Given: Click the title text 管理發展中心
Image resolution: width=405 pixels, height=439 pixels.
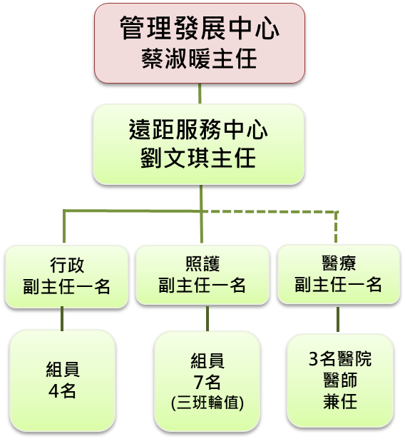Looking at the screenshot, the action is pos(200,28).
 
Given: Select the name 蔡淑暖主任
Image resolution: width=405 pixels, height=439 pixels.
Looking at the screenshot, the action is pos(199,59).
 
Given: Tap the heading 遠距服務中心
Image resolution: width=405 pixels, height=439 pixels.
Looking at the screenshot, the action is pos(198,129).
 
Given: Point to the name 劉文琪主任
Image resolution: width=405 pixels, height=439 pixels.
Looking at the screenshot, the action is pos(198,158).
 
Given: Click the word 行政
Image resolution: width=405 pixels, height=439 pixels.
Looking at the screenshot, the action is pos(67,265).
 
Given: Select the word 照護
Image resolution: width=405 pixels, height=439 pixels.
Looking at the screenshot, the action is pos(202,263).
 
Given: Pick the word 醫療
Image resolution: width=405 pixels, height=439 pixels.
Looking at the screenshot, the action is pos(339,263).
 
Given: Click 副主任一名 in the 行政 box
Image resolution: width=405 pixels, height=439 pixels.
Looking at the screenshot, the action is pos(66,286).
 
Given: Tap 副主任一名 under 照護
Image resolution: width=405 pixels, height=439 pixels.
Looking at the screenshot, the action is pos(202,285).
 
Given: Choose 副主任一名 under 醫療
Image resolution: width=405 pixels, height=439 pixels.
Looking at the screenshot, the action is pos(338,284).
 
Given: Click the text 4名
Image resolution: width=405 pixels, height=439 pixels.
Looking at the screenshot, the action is pos(62,391).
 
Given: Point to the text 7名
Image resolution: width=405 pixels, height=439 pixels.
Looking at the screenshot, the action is pos(207,382).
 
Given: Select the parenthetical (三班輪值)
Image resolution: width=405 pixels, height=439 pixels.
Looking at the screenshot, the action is pos(207,403).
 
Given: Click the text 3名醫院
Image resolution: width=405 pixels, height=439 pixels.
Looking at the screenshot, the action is pos(340,358).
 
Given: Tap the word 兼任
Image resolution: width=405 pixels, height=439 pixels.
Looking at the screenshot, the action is pos(340,401).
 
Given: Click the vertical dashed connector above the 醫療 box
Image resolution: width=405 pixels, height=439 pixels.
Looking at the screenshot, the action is pos(336,227).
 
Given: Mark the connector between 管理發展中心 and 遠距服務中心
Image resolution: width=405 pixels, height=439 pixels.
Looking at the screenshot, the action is pos(200,94).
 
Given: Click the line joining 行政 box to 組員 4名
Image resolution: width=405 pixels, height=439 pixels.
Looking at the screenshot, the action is pos(62,319).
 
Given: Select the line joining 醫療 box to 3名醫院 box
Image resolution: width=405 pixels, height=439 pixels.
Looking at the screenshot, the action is pos(338,320).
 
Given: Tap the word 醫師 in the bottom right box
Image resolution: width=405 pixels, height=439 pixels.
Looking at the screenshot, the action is pos(340,380).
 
